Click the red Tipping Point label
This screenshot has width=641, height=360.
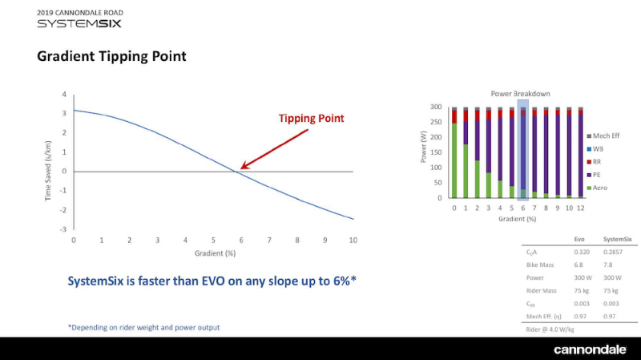coord(311,119)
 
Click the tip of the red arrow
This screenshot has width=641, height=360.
coord(240,168)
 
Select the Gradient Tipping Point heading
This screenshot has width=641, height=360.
coord(111,56)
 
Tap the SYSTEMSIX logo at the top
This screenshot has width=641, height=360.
coord(79,24)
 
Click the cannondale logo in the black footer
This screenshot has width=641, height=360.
coord(590,350)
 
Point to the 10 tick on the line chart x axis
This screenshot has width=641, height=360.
coord(353,241)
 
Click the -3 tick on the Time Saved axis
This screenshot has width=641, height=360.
coord(63,229)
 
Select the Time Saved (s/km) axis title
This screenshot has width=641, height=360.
coord(48,171)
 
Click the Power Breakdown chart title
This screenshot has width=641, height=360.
coord(520,94)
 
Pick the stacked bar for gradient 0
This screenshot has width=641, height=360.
coord(454,153)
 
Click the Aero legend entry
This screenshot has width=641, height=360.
coord(597,188)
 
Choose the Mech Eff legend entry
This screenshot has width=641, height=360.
coord(603,136)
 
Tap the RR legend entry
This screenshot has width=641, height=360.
coord(594,162)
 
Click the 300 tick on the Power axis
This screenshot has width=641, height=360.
coord(436,107)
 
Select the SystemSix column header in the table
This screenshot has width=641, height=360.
coord(617,239)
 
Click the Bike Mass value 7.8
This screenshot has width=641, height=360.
coord(608,265)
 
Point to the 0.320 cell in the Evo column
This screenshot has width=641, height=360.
coord(582,252)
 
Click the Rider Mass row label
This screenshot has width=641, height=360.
coord(542,291)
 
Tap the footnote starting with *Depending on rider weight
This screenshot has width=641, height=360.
coord(144,327)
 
